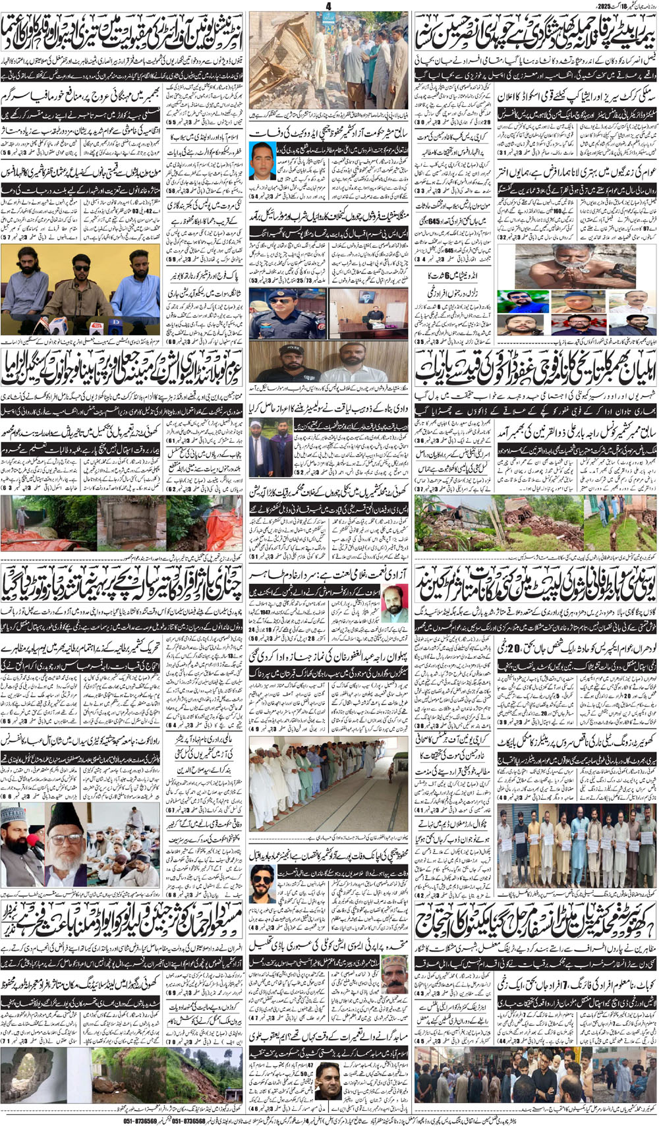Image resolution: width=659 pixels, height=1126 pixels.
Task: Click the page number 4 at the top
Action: (x=328, y=6)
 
